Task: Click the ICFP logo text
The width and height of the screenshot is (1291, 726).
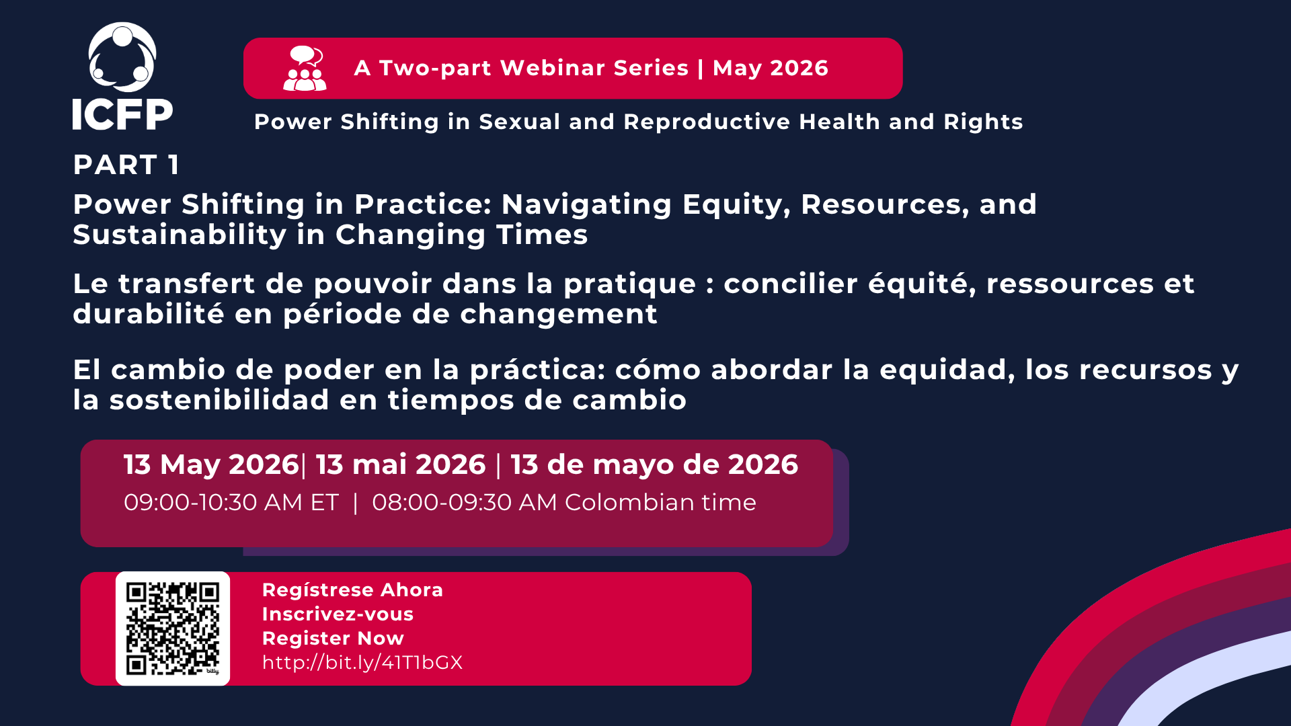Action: [x=122, y=114]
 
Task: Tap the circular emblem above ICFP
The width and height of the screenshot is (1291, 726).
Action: [x=122, y=58]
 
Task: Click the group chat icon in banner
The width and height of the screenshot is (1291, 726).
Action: [x=305, y=69]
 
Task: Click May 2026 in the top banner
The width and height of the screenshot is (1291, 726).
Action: [x=770, y=68]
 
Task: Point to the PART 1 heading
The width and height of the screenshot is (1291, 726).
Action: [x=126, y=165]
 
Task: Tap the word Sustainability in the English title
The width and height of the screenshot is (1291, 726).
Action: [x=180, y=235]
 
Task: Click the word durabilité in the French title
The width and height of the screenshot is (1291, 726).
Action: [x=148, y=314]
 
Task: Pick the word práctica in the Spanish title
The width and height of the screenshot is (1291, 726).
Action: [x=538, y=370]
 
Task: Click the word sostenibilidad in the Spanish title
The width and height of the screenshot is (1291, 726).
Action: [x=219, y=400]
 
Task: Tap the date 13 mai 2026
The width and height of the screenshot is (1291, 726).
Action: [x=401, y=465]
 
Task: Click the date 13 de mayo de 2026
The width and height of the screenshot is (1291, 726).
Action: [x=654, y=465]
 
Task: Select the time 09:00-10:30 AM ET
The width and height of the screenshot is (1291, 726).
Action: [x=231, y=502]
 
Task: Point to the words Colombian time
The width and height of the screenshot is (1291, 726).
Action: [x=660, y=502]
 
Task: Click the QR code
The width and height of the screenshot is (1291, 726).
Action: [x=173, y=629]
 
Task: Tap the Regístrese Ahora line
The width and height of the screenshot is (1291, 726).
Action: [x=352, y=590]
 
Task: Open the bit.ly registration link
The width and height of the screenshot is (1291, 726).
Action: [x=362, y=662]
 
